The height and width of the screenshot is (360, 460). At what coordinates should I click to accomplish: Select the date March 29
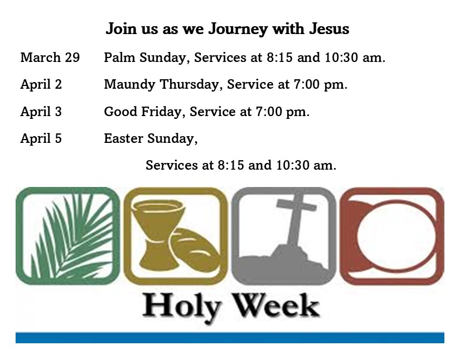pyautogui.click(x=50, y=57)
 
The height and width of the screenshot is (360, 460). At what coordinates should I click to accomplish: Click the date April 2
pyautogui.click(x=41, y=85)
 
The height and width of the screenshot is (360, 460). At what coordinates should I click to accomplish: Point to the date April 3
pyautogui.click(x=41, y=112)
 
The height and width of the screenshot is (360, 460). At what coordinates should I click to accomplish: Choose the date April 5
pyautogui.click(x=41, y=138)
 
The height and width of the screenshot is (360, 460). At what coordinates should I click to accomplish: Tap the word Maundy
pyautogui.click(x=129, y=85)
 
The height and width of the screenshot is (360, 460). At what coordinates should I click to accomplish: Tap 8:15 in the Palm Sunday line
pyautogui.click(x=279, y=57)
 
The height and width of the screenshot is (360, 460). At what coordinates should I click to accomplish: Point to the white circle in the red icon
pyautogui.click(x=396, y=236)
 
